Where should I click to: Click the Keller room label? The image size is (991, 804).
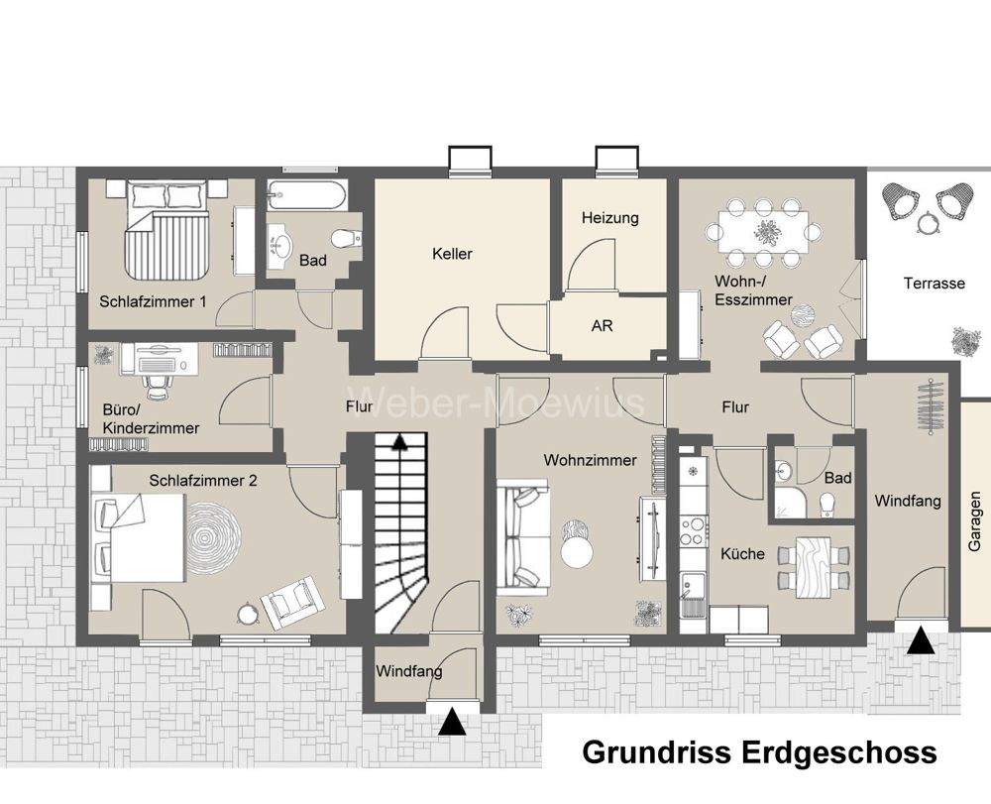[452, 254]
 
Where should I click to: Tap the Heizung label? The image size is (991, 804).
[609, 218]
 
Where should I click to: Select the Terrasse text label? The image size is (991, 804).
[934, 284]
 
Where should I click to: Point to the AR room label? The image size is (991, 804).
[602, 325]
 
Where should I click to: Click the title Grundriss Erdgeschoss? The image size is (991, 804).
[759, 752]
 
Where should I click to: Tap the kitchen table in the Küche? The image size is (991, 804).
[814, 566]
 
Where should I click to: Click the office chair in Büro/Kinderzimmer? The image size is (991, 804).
[156, 374]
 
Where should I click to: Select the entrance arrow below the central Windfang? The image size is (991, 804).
[452, 722]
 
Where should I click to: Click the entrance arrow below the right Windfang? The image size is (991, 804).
[922, 642]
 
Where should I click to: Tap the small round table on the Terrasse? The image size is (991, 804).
[927, 224]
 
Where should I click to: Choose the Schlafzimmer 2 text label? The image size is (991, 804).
[203, 481]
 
